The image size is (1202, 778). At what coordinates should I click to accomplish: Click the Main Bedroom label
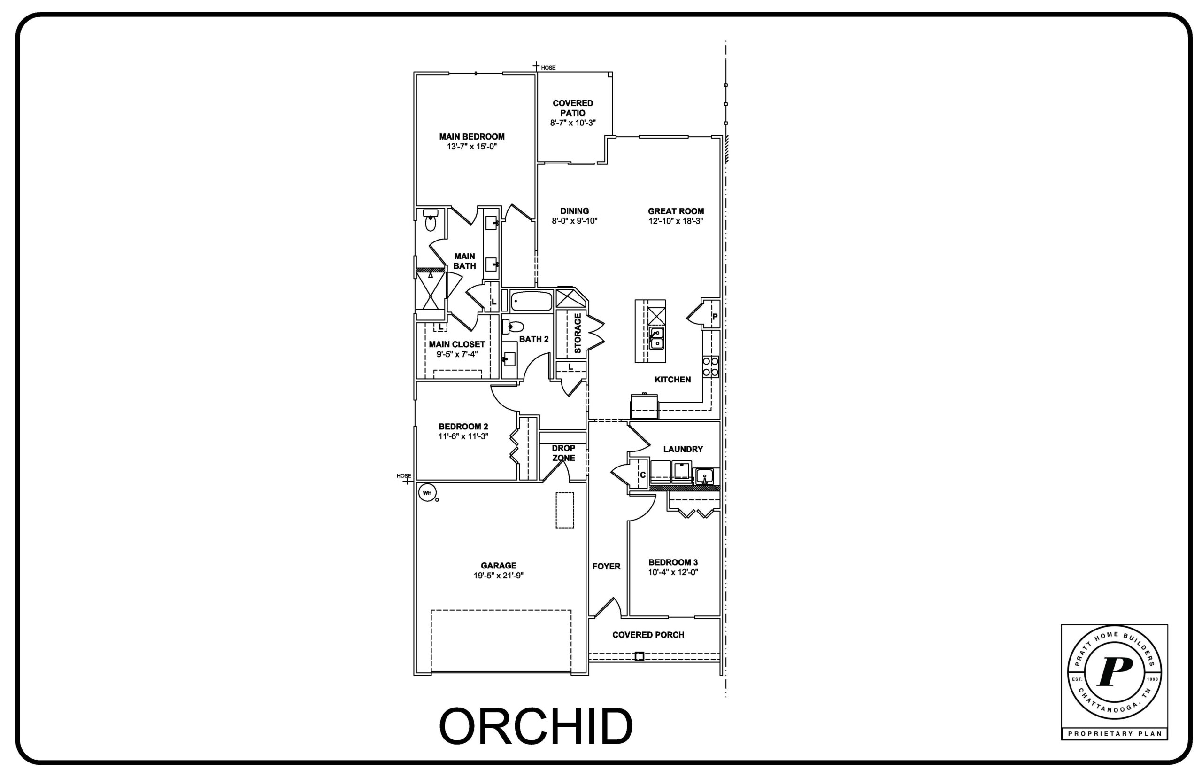coord(471,136)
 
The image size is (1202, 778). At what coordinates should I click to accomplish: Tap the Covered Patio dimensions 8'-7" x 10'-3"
coord(572,123)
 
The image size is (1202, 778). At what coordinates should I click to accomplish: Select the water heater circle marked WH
coord(427,492)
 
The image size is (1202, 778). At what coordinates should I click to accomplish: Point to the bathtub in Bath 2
coord(531,302)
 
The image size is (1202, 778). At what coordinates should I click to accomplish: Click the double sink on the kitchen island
coord(656,338)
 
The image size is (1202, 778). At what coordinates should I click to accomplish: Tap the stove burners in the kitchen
coord(710,366)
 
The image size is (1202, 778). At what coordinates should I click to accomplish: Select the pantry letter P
coord(714,317)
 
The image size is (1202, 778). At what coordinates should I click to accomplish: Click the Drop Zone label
coord(563,452)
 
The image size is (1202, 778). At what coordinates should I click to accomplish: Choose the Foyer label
coord(606,566)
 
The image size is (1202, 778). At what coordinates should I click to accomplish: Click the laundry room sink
coord(704,476)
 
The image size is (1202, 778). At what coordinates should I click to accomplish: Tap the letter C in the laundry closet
coord(642,475)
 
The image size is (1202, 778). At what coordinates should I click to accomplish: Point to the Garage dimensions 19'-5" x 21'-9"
coord(498,576)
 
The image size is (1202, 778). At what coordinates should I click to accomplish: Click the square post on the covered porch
coord(639,656)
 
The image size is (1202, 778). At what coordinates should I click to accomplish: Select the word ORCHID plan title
coord(536,726)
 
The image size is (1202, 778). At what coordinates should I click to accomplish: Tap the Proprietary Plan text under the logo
coord(1115,733)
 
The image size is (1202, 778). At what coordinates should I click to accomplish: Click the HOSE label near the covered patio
coord(548,68)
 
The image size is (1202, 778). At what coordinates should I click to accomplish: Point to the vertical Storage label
coord(578,333)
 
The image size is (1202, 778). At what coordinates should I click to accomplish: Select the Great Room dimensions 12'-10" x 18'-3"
coord(675,221)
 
